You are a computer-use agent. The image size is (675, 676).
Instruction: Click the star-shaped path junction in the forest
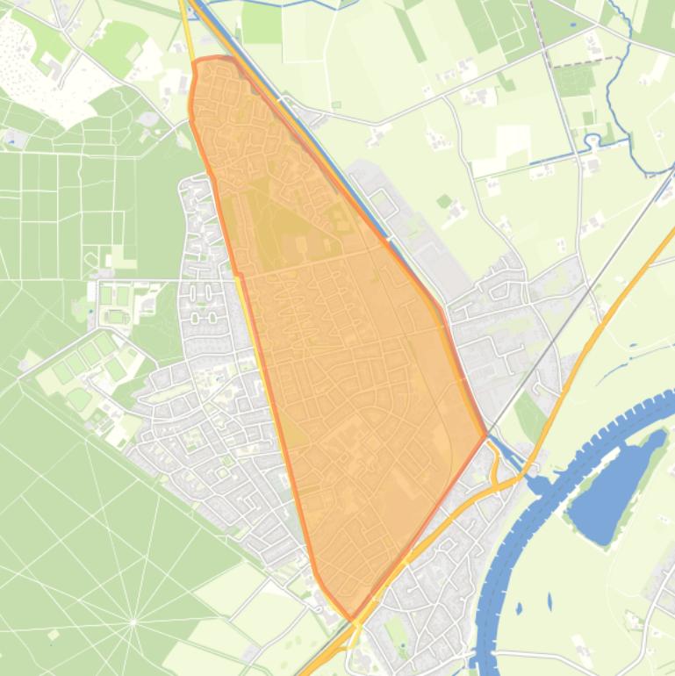click(x=133, y=622)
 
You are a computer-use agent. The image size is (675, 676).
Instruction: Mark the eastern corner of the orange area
click(x=485, y=435)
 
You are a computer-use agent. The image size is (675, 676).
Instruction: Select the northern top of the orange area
click(x=215, y=59)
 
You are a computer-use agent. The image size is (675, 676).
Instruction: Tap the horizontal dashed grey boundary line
click(x=584, y=60)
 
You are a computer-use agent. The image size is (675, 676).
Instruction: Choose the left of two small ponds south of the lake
click(x=519, y=608)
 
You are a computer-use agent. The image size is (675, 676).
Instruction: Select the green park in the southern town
click(x=397, y=631)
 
